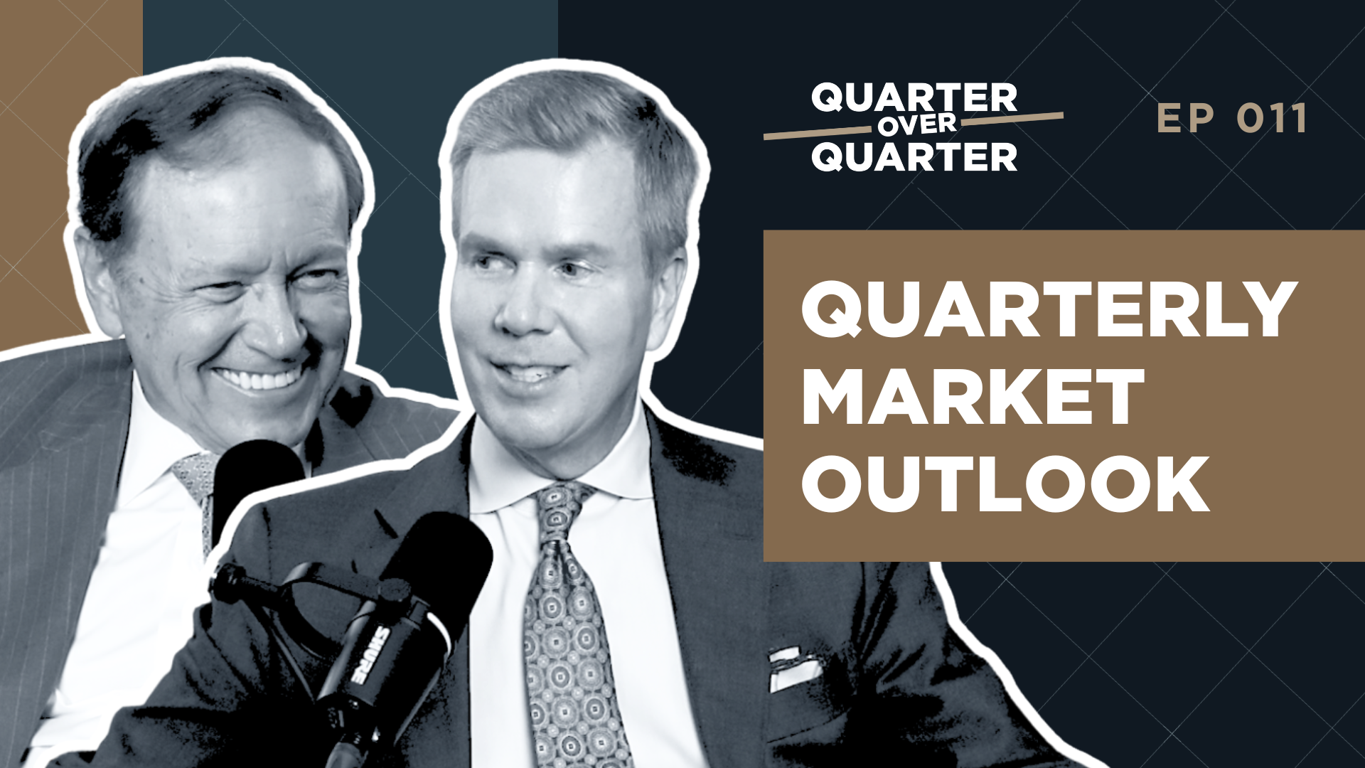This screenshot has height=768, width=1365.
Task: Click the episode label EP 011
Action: (x=1232, y=118)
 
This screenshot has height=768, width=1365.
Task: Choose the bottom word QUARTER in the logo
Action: (x=914, y=156)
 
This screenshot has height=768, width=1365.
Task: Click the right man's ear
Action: (x=668, y=284)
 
